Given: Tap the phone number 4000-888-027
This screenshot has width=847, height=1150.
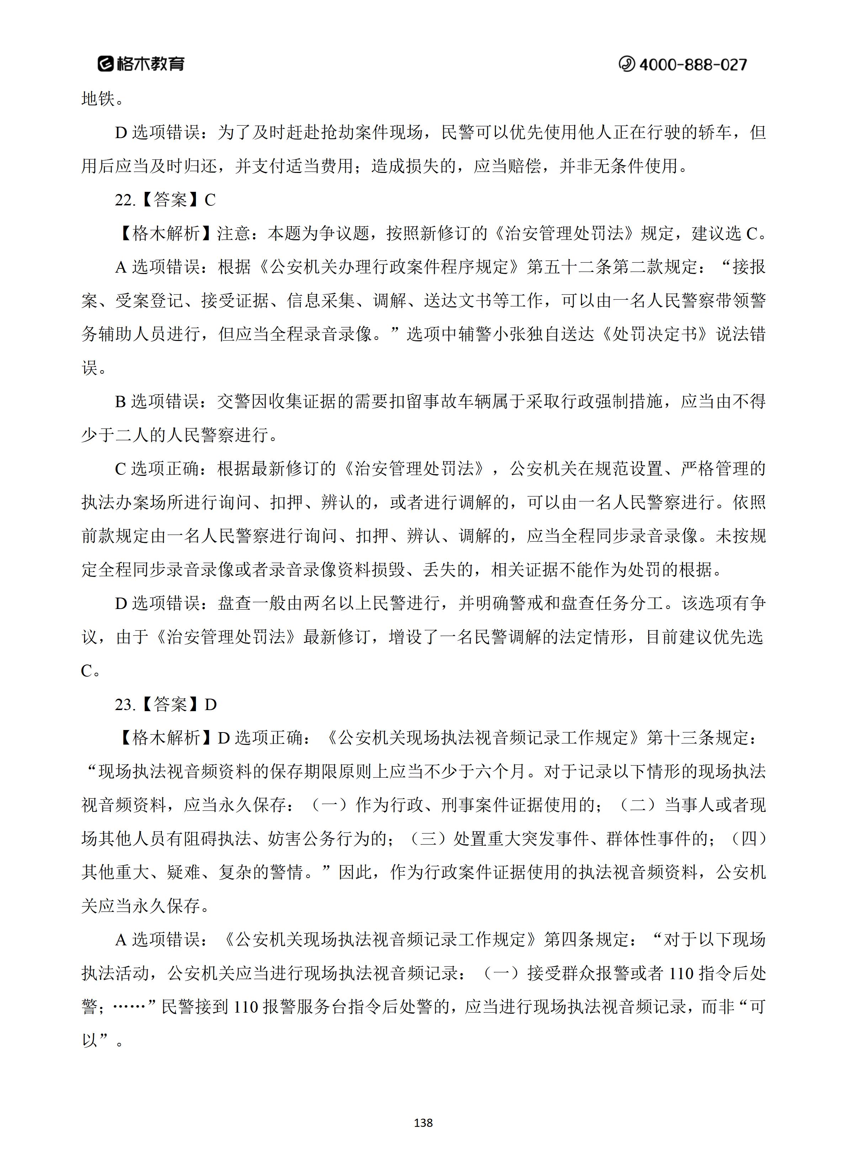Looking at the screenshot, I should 693,64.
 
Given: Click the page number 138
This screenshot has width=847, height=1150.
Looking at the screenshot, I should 423,1122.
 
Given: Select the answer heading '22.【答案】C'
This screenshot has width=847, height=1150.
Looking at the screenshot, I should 165,200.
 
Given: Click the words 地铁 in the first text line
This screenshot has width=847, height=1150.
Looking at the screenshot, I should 98,99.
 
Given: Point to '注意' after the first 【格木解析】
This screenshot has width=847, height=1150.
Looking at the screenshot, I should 234,234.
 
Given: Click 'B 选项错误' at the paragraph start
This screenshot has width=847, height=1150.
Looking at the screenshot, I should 157,401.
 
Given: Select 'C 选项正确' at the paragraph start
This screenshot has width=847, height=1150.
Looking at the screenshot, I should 157,469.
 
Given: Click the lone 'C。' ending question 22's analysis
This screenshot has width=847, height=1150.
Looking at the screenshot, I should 90,671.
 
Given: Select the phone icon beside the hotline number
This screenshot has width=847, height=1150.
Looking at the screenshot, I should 626,64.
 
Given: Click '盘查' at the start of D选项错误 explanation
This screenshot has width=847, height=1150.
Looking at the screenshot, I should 234,603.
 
